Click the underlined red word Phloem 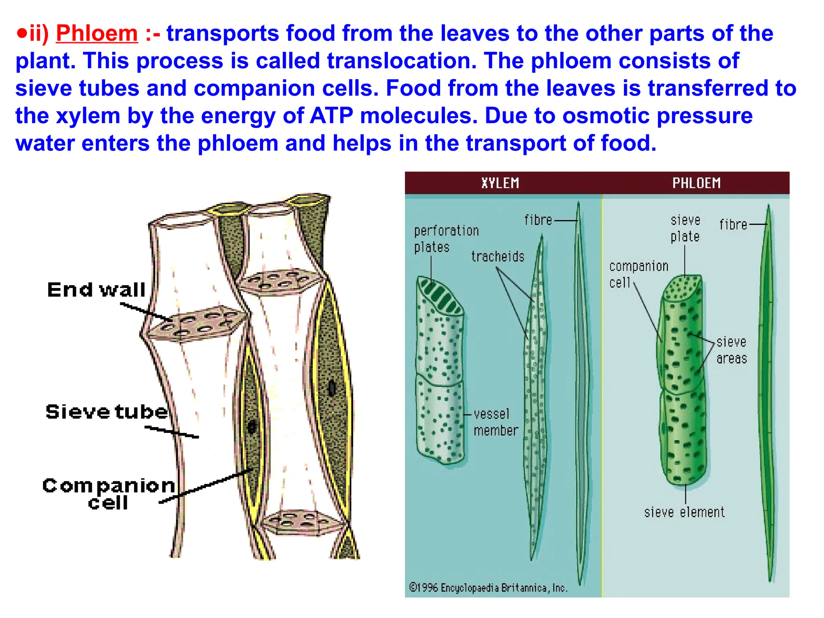tap(97, 33)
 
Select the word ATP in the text tap(331, 116)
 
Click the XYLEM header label tap(500, 183)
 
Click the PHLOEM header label tap(696, 183)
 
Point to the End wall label tap(96, 290)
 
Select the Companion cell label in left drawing tap(109, 494)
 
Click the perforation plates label tap(446, 239)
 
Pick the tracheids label tap(498, 256)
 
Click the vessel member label tap(495, 422)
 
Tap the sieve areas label tap(731, 350)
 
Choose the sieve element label tap(684, 512)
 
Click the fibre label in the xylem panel tap(538, 220)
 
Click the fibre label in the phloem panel tap(733, 225)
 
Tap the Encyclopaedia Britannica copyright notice tap(488, 588)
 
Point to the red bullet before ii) tap(21, 33)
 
